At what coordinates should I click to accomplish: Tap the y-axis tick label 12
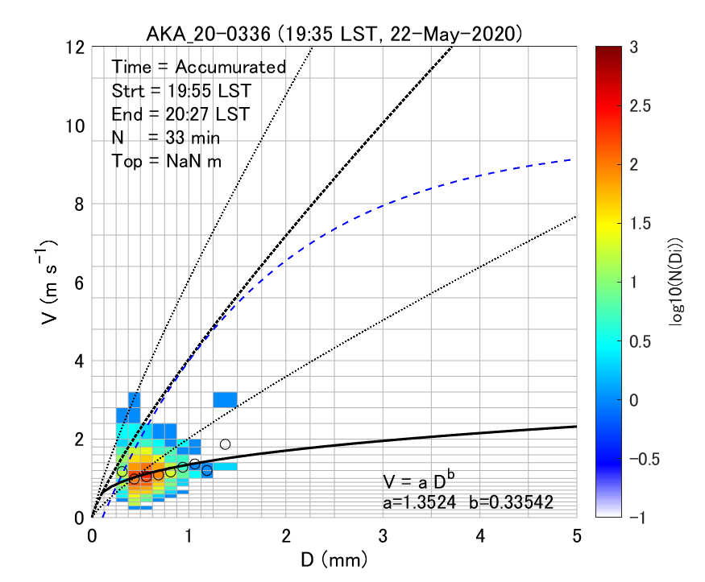(77, 47)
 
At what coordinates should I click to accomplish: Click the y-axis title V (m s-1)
(50, 282)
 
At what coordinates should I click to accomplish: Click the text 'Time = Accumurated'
(199, 67)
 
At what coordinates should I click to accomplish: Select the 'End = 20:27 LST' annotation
(180, 114)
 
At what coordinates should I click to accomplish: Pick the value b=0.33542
(520, 503)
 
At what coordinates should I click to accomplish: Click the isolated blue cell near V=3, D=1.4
(225, 399)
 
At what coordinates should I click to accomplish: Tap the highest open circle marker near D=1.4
(226, 444)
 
